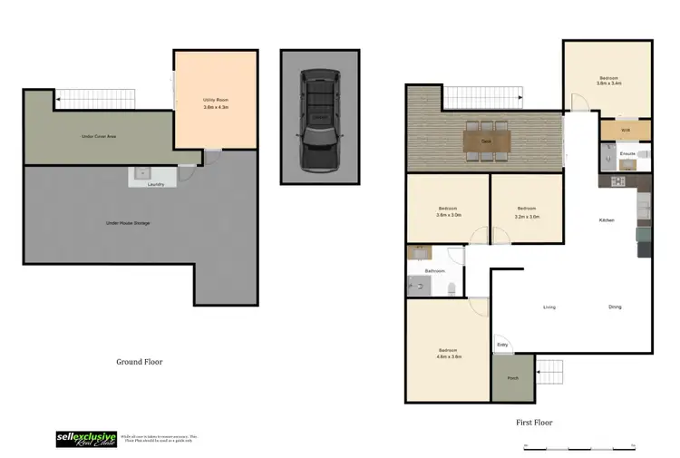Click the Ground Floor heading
pos(139,361)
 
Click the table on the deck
pos(487,141)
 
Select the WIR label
pos(626,131)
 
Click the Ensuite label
pos(627,154)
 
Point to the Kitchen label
pos(607,220)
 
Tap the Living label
pos(549,307)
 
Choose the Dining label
pos(615,307)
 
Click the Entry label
pos(502,344)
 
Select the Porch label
pos(512,378)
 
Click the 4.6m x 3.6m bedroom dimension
pos(449,356)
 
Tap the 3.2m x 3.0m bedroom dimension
pos(527,217)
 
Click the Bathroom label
pos(435,270)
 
